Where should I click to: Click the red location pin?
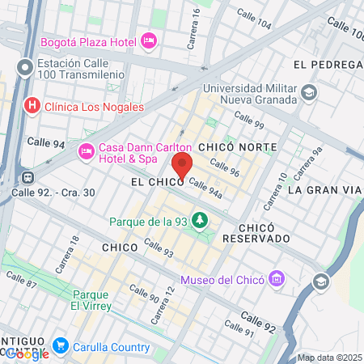pos(182,167)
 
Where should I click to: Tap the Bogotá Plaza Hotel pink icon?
pos(148,40)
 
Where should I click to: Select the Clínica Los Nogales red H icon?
pos(32,105)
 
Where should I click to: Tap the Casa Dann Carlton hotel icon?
pos(86,150)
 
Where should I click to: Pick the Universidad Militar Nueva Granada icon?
pos(308,93)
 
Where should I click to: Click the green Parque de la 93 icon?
pos(198,221)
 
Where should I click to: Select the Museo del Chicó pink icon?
pos(277,279)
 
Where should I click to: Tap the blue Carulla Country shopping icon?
pos(60,346)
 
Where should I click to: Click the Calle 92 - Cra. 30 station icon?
pos(28,176)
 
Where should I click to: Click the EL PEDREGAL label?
pos(327,64)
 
